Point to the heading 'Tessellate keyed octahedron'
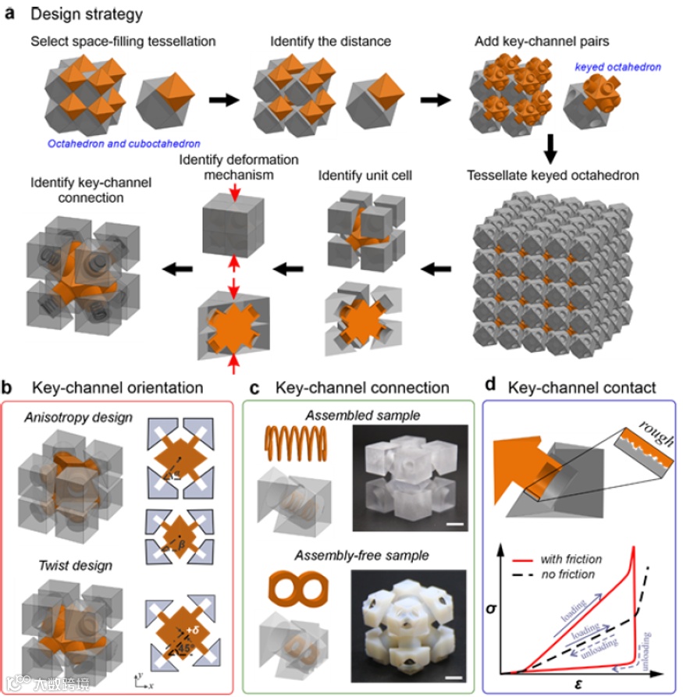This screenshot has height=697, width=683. click(x=553, y=176)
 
